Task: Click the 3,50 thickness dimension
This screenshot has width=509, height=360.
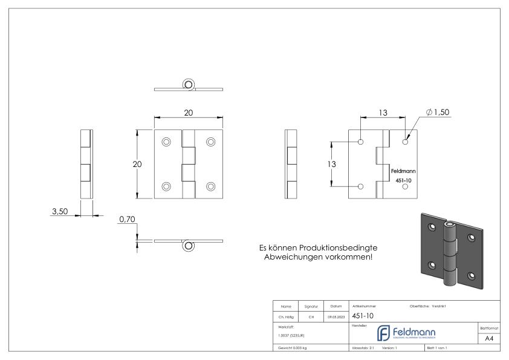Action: (59, 212)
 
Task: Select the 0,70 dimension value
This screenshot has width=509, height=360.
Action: (127, 220)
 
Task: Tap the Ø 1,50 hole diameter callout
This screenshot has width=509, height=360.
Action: (438, 113)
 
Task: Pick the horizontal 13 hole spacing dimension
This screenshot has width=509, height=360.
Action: (383, 113)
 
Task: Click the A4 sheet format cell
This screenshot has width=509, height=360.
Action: (490, 338)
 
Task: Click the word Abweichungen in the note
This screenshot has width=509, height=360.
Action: (293, 258)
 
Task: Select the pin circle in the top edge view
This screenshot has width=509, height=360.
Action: (189, 85)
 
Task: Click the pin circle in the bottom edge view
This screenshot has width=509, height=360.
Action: (189, 245)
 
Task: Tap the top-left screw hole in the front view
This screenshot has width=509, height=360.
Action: (166, 142)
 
